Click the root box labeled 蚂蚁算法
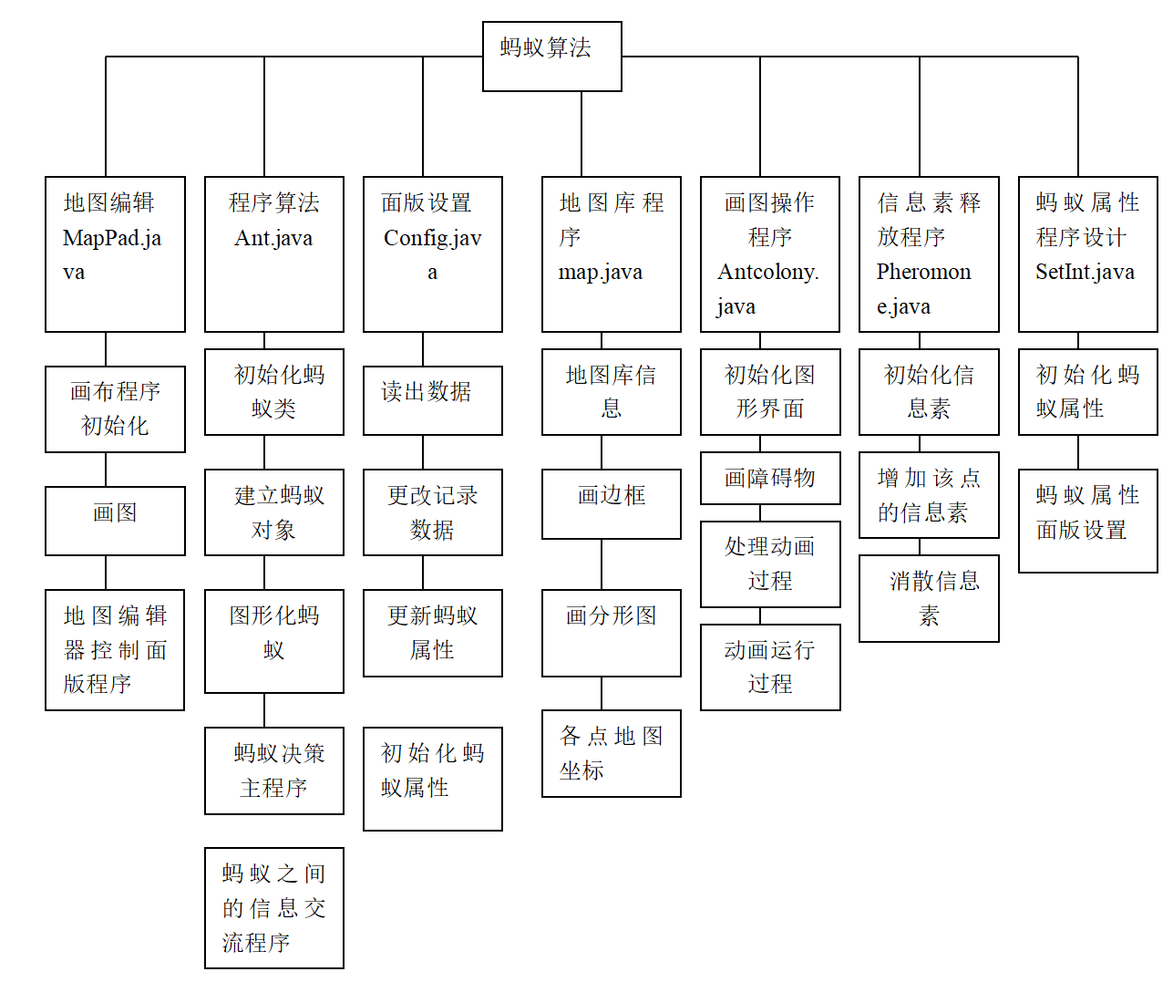551,57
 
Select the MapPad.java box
115,254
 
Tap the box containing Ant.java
273,254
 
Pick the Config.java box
432,254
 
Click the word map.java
601,272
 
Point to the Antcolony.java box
769,254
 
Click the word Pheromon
923,272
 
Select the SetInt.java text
1085,272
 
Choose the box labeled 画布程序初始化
115,409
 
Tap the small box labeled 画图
115,521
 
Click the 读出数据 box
432,400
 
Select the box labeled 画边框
611,503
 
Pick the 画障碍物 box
769,478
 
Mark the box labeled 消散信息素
929,598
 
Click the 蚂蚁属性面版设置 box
1087,521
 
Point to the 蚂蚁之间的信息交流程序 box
273,908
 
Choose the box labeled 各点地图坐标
611,753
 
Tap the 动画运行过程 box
769,667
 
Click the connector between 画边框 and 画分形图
602,564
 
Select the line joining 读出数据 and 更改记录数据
423,452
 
